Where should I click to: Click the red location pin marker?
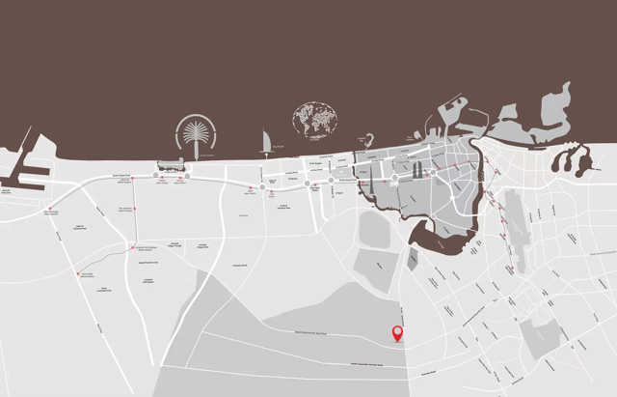point(397,334)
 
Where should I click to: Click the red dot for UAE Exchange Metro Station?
point(49,208)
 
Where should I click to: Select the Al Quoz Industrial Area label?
point(284,206)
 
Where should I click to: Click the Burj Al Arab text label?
point(278,147)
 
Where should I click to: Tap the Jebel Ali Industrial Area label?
point(80,227)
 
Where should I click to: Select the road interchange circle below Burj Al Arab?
point(261,185)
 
